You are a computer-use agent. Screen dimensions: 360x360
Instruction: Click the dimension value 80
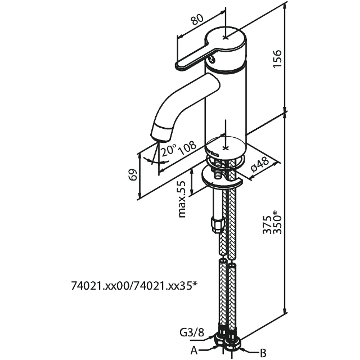196,20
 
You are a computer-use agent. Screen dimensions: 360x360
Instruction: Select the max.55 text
182,200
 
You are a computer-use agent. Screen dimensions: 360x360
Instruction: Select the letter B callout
262,353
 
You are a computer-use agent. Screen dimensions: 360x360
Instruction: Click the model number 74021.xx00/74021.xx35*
134,286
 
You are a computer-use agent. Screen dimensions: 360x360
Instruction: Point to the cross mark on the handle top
226,38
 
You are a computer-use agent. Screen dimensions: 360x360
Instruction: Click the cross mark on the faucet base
225,148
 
